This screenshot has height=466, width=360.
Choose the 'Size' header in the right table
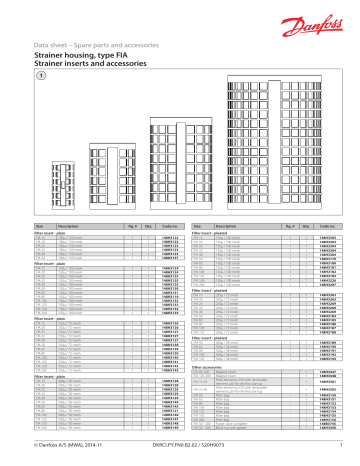[197, 227]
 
